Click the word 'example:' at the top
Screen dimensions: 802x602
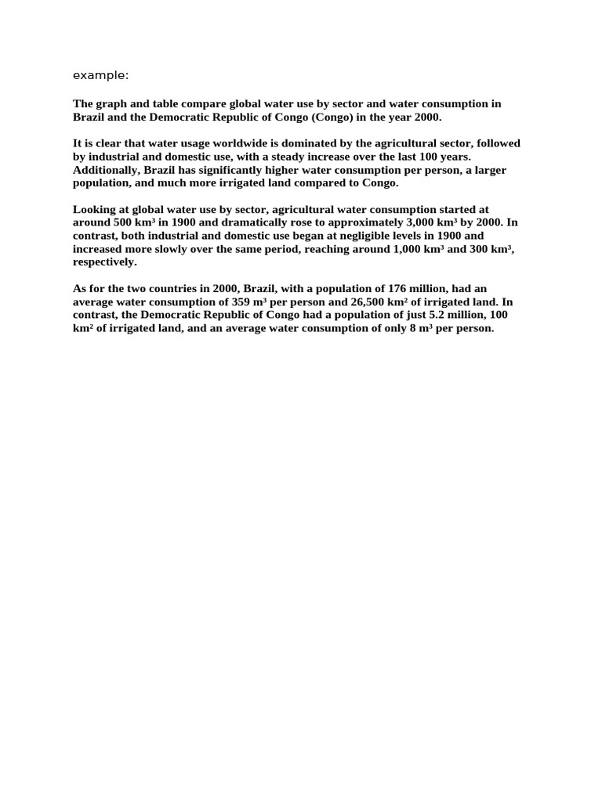pos(100,75)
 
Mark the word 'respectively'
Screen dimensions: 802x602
pos(103,262)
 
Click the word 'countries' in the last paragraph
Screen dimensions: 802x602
pos(172,288)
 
